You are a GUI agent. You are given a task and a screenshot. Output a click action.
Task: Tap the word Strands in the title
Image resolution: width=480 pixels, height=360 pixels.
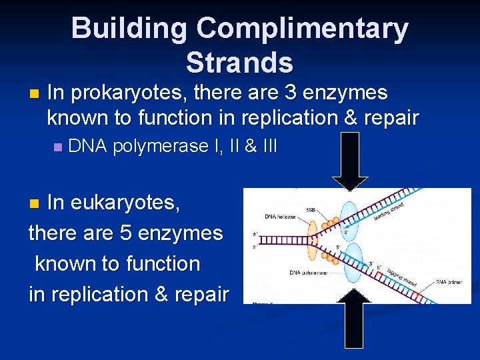coord(239,62)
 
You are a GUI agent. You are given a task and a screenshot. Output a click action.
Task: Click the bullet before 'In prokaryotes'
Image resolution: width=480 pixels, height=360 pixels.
coord(35,93)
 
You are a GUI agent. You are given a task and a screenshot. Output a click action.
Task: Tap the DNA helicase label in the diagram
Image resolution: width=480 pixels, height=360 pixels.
coord(280,216)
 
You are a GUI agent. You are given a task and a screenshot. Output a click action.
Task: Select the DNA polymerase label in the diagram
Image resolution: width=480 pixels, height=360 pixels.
coord(309,273)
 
